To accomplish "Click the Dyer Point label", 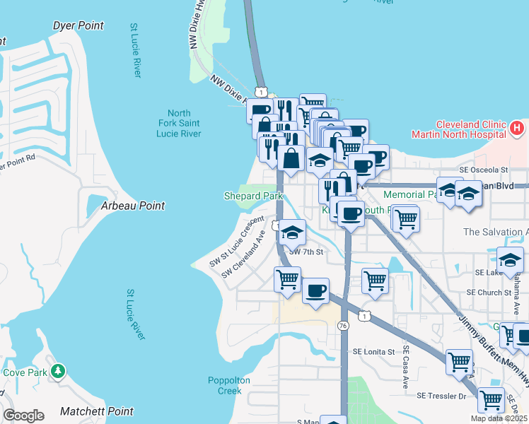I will pyautogui.click(x=79, y=26).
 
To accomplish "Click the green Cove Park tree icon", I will pyautogui.click(x=59, y=370).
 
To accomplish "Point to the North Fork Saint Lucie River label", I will pyautogui.click(x=179, y=124).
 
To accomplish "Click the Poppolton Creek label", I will pyautogui.click(x=229, y=385).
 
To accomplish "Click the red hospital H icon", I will pyautogui.click(x=517, y=129).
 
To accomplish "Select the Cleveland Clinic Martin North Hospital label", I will pyautogui.click(x=459, y=129).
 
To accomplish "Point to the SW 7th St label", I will pyautogui.click(x=306, y=252).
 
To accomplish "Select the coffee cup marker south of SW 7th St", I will pyautogui.click(x=315, y=290).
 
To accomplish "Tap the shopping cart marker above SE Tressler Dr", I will pyautogui.click(x=460, y=362).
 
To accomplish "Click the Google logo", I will pyautogui.click(x=23, y=416).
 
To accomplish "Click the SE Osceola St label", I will pyautogui.click(x=484, y=170).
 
